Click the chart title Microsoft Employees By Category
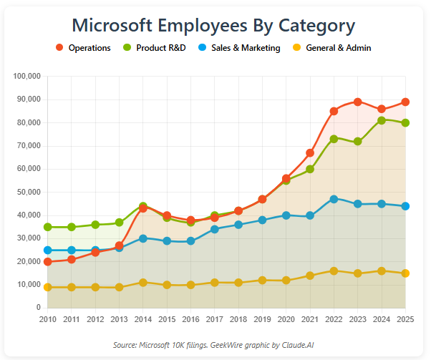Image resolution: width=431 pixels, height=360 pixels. (214, 25)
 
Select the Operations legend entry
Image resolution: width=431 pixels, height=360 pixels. (84, 48)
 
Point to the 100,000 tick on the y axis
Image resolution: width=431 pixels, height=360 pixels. (28, 77)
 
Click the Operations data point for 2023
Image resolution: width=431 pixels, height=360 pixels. (358, 102)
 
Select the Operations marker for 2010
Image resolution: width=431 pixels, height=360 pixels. (48, 262)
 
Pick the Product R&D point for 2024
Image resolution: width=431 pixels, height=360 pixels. (382, 120)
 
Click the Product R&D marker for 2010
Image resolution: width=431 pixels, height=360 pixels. (48, 227)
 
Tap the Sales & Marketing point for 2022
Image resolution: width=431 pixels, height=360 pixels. (334, 199)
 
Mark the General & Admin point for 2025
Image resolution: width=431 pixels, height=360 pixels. (405, 273)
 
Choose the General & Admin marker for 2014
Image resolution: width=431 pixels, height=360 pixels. (143, 283)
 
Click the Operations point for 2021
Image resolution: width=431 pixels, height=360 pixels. (310, 153)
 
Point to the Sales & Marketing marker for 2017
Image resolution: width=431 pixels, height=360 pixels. (215, 229)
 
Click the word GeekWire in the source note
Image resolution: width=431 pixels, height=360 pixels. (223, 345)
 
